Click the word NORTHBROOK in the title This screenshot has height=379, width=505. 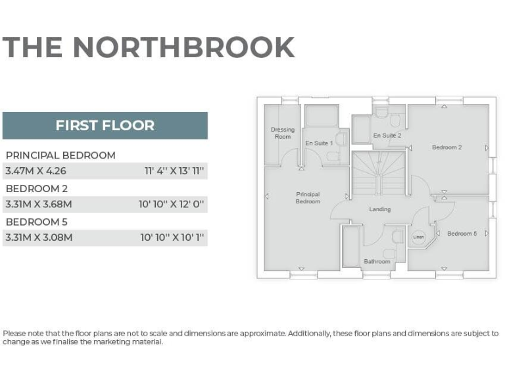(183, 47)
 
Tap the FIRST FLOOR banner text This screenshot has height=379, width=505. (105, 126)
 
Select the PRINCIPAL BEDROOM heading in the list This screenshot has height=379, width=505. (60, 155)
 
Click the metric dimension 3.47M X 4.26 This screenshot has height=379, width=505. (36, 171)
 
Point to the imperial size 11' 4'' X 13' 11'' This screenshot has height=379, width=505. (174, 171)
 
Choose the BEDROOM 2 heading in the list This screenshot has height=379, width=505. (37, 189)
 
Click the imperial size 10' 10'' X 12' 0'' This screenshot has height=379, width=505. (172, 205)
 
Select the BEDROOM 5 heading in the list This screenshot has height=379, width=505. (37, 222)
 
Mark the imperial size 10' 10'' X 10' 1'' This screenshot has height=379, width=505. (172, 238)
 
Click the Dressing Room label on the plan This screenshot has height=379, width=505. (283, 133)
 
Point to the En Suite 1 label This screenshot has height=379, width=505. (319, 143)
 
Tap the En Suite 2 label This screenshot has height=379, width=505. (387, 136)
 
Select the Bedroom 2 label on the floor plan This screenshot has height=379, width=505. (446, 147)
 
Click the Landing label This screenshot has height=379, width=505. (380, 209)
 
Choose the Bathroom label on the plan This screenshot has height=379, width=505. (377, 261)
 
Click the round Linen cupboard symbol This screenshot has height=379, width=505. (418, 236)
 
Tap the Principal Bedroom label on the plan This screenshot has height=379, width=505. (308, 197)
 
